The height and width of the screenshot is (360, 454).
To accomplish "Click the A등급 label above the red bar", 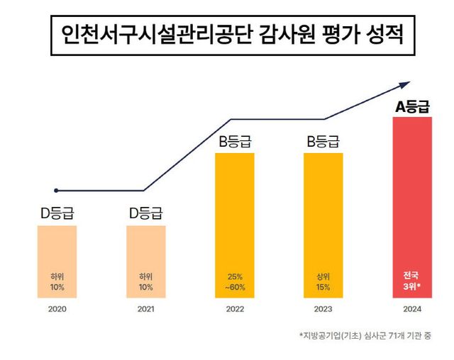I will coord(412,108).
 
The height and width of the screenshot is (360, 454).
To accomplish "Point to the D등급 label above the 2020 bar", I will coord(57,213).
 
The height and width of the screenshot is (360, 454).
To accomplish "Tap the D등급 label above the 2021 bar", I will coord(145,213).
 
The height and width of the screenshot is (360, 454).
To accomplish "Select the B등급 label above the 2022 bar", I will coord(234,141).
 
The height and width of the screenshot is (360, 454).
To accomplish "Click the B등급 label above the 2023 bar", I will coord(323,141).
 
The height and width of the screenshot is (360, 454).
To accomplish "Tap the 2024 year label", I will coord(412,309).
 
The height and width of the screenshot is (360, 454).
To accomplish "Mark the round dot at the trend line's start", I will coord(56,190).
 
